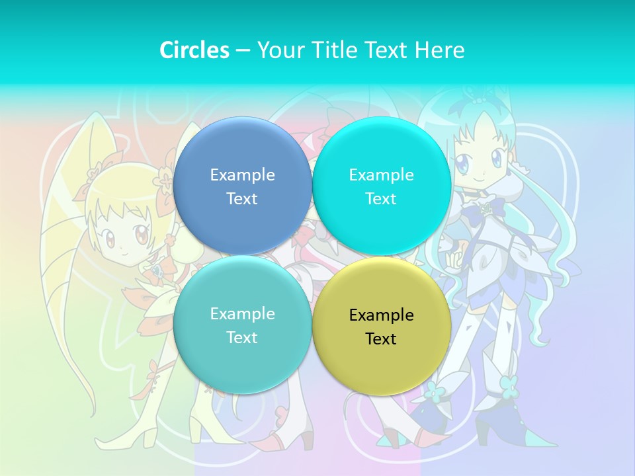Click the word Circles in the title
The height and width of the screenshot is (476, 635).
(x=194, y=50)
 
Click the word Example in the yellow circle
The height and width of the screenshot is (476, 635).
(x=381, y=315)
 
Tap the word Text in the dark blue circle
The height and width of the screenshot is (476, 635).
(x=242, y=198)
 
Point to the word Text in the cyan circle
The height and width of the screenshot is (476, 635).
(x=381, y=198)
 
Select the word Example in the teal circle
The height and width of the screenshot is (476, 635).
(x=242, y=314)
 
